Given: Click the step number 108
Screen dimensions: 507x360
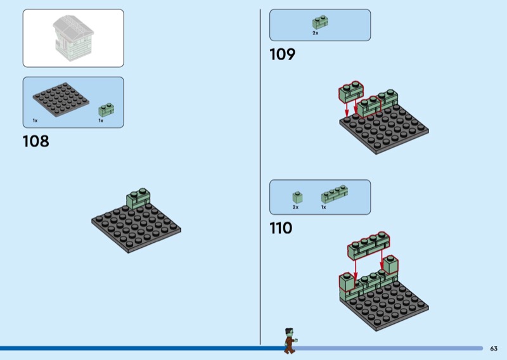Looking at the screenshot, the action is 36,141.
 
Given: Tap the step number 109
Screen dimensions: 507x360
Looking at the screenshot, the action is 282,54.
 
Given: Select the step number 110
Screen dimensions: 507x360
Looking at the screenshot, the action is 281,228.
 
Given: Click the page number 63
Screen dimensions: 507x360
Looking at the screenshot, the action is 494,349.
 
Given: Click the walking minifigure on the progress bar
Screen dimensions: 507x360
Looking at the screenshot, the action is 290,340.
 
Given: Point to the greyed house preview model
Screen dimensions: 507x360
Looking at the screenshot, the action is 73,38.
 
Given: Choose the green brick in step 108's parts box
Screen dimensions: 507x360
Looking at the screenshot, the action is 106,110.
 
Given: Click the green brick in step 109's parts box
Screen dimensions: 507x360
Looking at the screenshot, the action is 320,22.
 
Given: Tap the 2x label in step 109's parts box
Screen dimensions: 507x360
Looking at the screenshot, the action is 315,33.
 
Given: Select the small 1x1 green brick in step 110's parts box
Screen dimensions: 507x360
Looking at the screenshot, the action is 297,197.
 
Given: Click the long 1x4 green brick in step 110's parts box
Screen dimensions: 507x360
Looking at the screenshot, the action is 335,194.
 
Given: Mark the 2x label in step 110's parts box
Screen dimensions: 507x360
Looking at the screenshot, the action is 295,207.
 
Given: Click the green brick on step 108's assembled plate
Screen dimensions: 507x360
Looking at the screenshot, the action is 138,198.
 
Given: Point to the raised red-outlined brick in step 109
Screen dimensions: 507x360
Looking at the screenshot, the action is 351,91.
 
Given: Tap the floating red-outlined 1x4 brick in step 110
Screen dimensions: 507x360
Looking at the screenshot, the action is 369,246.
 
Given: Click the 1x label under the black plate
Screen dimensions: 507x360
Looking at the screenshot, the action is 35,120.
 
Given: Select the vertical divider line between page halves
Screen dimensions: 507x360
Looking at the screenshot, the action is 260,177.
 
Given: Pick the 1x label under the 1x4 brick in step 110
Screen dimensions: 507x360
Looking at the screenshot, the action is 324,207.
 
